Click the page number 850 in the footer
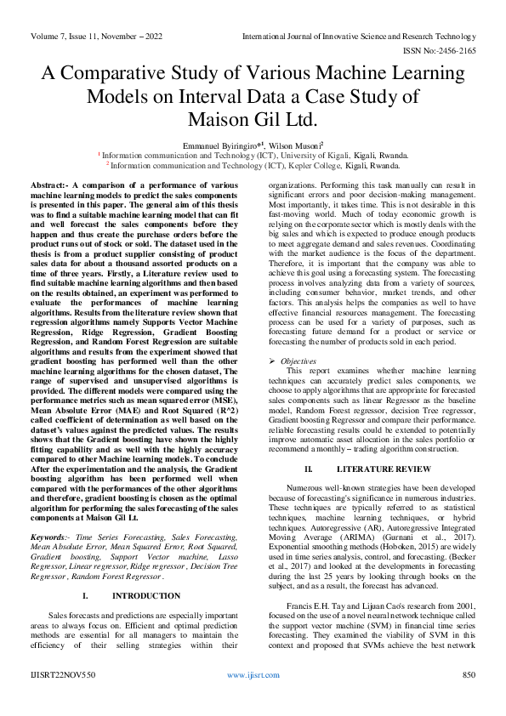[x=467, y=673]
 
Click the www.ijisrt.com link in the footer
[x=252, y=673]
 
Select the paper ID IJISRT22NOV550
[x=65, y=673]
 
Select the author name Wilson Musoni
[x=293, y=146]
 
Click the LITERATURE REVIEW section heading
[x=384, y=469]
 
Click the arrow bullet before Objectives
[x=272, y=361]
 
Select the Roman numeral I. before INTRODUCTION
[x=86, y=596]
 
